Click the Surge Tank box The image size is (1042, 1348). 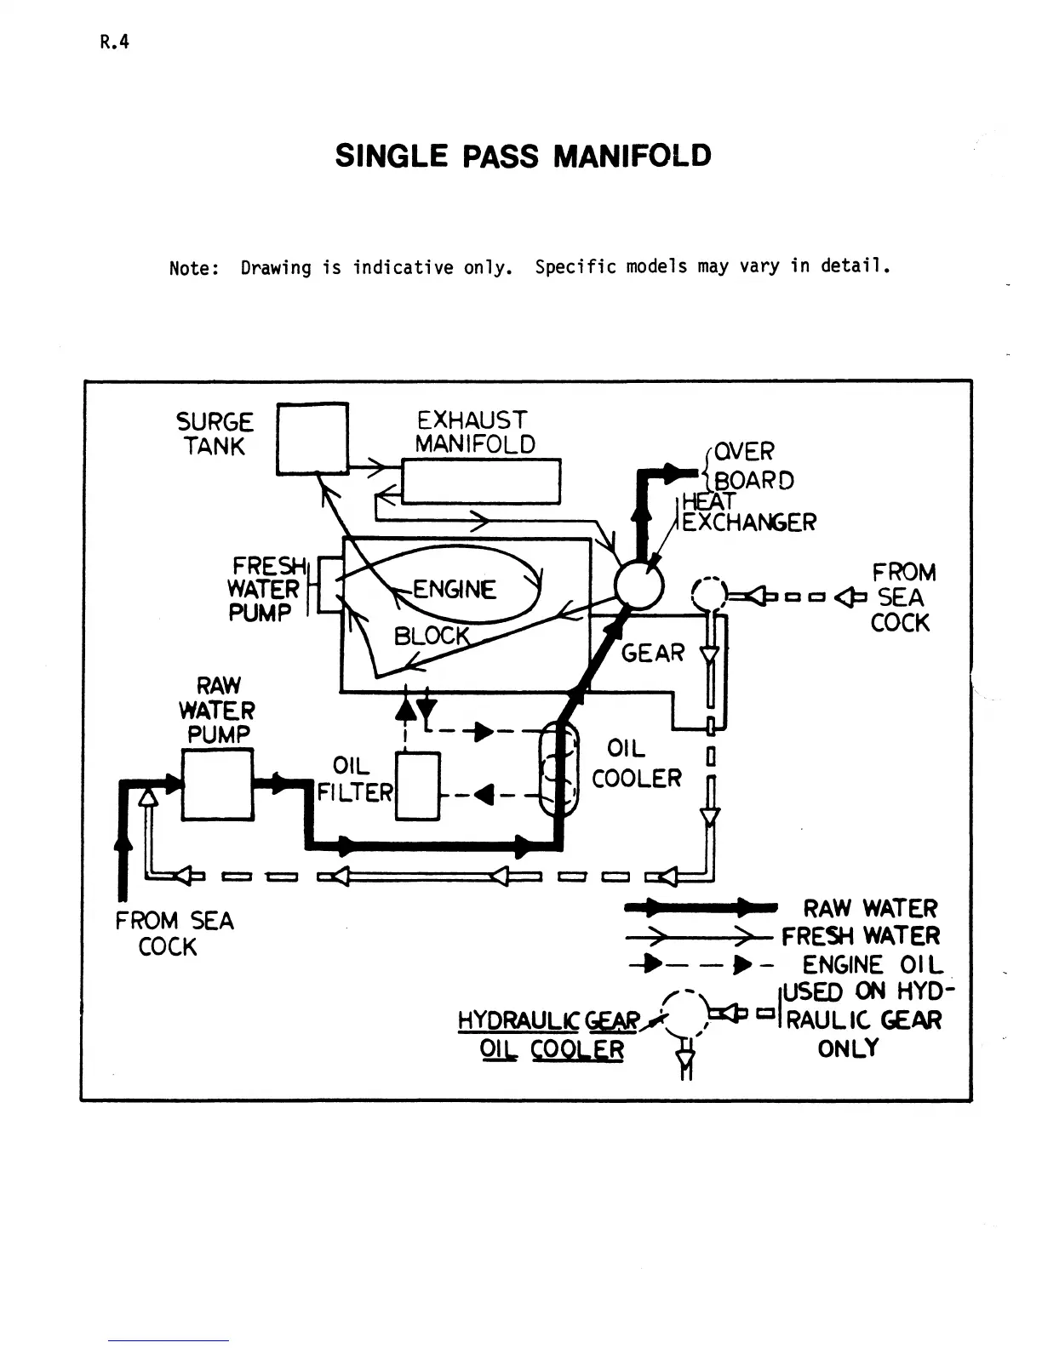[x=312, y=438]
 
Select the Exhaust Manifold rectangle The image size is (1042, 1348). [x=480, y=482]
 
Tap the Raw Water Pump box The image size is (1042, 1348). [x=218, y=785]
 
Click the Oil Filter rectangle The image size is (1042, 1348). [x=418, y=786]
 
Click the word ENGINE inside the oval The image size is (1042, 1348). [x=454, y=590]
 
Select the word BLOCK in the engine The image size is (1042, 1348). [x=432, y=637]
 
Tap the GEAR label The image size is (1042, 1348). [x=653, y=654]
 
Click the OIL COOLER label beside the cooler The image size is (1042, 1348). [x=635, y=763]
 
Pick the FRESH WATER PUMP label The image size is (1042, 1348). [x=265, y=589]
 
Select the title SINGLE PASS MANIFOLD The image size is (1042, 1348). [x=523, y=157]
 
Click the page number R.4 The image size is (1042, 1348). [x=114, y=43]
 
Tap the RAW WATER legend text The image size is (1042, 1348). [x=869, y=909]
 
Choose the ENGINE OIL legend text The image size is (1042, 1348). [x=872, y=965]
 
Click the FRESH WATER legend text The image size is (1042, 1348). [x=861, y=936]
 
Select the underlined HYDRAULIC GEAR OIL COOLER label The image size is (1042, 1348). [x=550, y=1034]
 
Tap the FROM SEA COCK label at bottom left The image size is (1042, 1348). [x=174, y=934]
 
